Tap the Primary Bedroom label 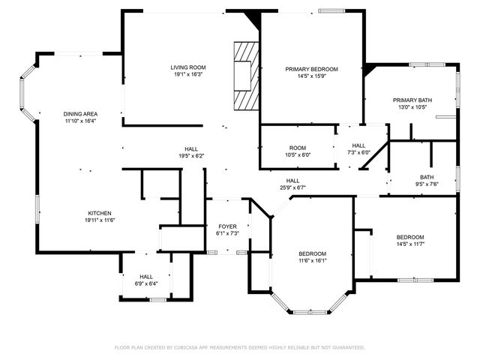[311, 69]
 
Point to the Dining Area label [79, 113]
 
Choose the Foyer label [227, 226]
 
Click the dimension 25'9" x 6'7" [292, 187]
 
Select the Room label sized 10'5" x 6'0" [297, 147]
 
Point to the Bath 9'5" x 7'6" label [426, 177]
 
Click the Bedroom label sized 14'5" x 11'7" [410, 237]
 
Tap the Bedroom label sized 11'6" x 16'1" [312, 254]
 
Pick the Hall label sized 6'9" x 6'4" [145, 277]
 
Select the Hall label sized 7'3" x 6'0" [358, 145]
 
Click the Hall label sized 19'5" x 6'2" [191, 148]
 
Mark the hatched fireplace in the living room [246, 76]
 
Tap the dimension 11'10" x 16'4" [79, 121]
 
